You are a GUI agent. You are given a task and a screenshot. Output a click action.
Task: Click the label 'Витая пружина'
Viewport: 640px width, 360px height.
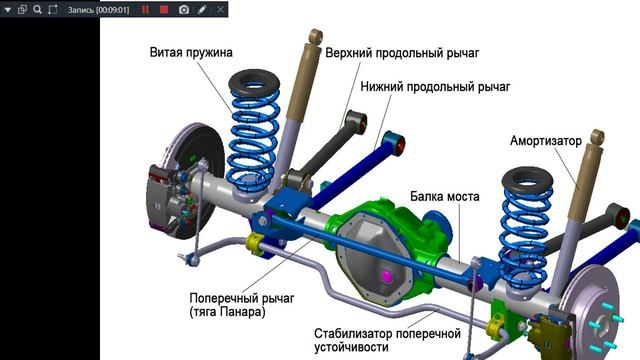click(191, 52)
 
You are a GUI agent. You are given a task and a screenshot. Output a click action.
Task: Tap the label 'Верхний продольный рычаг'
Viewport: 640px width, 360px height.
click(402, 53)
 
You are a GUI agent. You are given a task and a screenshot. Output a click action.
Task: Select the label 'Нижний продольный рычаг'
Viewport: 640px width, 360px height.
click(435, 87)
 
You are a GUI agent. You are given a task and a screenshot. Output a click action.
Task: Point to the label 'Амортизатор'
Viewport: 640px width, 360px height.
click(546, 141)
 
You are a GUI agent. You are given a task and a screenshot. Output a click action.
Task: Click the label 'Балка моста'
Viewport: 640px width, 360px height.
click(444, 196)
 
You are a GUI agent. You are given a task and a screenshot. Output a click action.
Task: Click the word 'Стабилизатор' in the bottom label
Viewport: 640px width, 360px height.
click(352, 333)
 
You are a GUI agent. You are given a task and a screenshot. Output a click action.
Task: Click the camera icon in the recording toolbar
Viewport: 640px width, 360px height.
click(184, 9)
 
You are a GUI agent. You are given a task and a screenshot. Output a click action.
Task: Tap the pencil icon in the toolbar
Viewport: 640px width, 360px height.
click(202, 9)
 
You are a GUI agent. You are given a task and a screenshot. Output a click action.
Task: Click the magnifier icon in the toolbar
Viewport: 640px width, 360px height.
click(37, 9)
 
